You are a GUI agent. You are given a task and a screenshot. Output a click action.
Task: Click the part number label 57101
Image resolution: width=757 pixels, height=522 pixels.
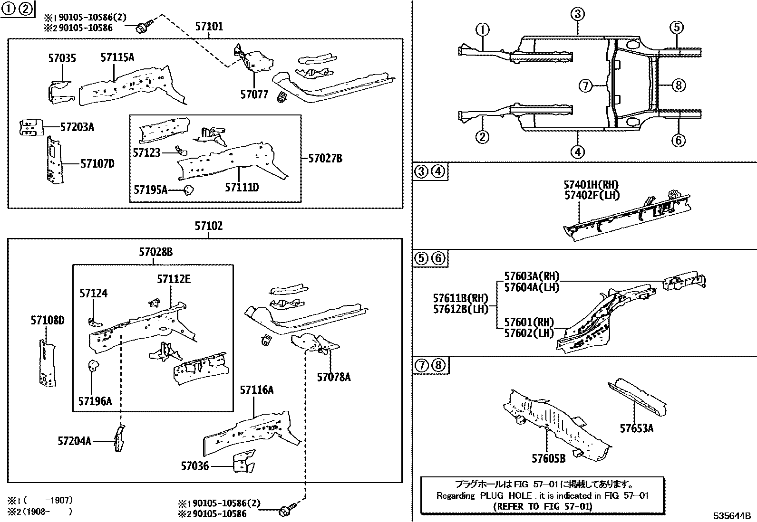[x=209, y=27]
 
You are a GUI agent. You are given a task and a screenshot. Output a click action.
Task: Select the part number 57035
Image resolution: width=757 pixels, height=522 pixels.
[x=62, y=59]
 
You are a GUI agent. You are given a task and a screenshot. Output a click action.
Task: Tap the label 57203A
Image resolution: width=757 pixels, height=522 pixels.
[x=77, y=127]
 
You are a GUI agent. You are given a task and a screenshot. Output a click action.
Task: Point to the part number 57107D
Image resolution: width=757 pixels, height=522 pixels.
[x=97, y=164]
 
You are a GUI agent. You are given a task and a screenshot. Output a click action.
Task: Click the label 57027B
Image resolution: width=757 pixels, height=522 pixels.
[x=325, y=159]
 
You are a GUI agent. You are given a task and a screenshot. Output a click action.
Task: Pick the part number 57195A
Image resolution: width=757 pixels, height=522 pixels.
[x=150, y=190]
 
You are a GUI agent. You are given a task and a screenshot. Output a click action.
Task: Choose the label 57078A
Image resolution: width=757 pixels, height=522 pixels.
[x=334, y=377]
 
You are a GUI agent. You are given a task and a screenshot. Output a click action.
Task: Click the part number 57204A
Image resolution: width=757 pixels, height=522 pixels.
[x=74, y=441]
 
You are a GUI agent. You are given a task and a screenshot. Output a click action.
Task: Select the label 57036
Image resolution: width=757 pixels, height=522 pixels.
[x=194, y=466]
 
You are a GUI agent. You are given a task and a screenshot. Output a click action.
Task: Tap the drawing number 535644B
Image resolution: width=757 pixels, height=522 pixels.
[x=731, y=516]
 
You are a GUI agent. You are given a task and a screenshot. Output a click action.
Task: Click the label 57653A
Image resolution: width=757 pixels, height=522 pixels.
[x=636, y=429]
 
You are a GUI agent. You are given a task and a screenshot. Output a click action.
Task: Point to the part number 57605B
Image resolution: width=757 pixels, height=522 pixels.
[x=548, y=458]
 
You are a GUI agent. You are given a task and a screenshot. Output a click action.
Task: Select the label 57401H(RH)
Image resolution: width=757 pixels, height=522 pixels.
[x=592, y=185]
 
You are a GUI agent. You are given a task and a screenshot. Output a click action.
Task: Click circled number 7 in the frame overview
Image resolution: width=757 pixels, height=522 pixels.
[x=586, y=86]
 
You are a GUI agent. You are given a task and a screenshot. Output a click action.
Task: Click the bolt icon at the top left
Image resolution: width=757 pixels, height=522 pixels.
[x=143, y=27]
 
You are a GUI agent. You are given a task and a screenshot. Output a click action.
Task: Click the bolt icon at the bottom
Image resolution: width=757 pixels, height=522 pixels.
[x=286, y=512]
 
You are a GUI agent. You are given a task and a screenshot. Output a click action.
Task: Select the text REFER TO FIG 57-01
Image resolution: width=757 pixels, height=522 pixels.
[x=543, y=506]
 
